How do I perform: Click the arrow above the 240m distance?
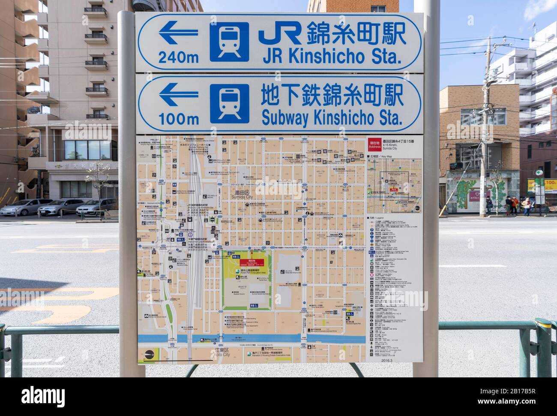pos(178,33)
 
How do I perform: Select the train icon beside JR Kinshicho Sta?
pos(229,42)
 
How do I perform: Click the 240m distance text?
pos(178,57)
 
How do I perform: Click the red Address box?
pos(371,144)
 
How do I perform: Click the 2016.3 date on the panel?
pos(386,360)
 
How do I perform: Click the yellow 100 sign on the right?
pos(550,183)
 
